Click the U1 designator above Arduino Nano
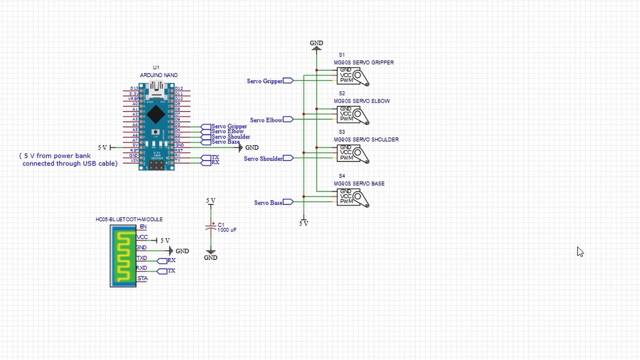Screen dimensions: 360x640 (156, 68)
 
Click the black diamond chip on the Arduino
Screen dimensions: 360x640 (156, 114)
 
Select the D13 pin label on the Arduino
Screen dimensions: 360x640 (134, 88)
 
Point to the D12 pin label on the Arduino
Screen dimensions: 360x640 (179, 88)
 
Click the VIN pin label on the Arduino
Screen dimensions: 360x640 (134, 161)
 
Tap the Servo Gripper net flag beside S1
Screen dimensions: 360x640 (288, 81)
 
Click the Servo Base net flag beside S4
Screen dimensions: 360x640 (288, 202)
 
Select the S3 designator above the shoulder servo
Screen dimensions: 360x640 (342, 132)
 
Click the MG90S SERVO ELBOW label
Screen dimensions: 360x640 (362, 101)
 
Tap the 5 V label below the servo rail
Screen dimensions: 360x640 (304, 224)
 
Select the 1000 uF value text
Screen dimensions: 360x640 (227, 230)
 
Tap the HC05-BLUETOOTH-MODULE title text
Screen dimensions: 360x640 (129, 219)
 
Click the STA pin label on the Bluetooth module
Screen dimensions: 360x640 (143, 278)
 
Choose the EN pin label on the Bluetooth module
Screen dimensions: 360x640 (143, 227)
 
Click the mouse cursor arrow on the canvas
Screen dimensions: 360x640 (580, 252)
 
